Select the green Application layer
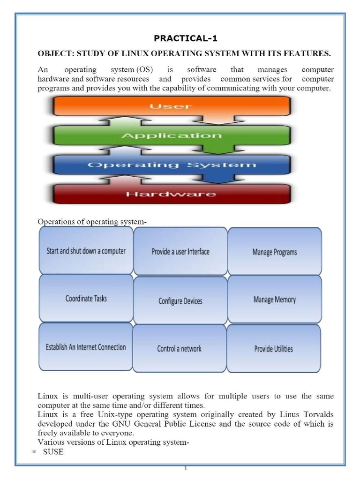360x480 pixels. pyautogui.click(x=171, y=135)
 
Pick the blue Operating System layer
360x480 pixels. pyautogui.click(x=172, y=165)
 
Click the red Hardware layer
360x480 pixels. pyautogui.click(x=171, y=194)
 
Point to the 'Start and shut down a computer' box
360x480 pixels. pyautogui.click(x=86, y=251)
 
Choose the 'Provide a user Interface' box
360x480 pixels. pyautogui.click(x=180, y=251)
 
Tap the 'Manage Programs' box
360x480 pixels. pyautogui.click(x=275, y=252)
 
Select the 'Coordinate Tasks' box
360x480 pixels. pyautogui.click(x=86, y=298)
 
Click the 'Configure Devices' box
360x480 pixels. pyautogui.click(x=180, y=300)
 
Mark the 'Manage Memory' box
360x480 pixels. pyautogui.click(x=275, y=299)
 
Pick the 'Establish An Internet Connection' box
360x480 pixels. pyautogui.click(x=86, y=347)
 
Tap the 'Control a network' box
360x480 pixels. pyautogui.click(x=179, y=348)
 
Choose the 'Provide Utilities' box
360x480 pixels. pyautogui.click(x=274, y=348)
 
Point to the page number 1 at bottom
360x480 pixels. pyautogui.click(x=186, y=468)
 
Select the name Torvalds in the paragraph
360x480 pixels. pyautogui.click(x=316, y=415)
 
